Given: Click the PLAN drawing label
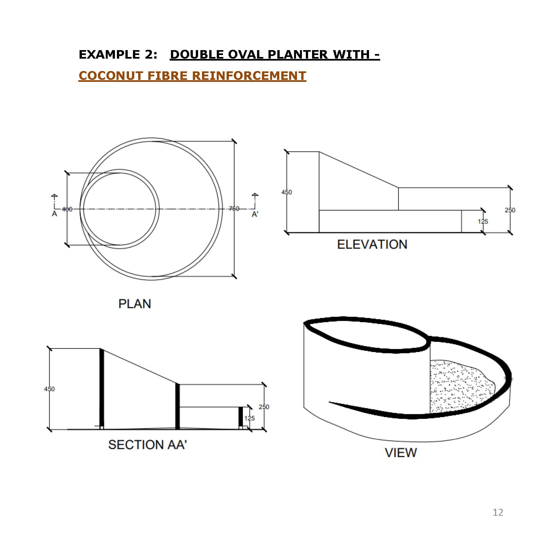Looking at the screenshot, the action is click(x=135, y=304).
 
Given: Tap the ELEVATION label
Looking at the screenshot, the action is click(x=372, y=244).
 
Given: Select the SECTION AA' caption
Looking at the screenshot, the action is click(x=147, y=444).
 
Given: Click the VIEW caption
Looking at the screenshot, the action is click(x=401, y=453).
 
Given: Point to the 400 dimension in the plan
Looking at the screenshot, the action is click(x=67, y=209).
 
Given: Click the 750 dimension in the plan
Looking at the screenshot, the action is click(x=234, y=209).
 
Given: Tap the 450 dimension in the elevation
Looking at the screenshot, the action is click(x=287, y=192).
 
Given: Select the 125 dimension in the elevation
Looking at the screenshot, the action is click(x=483, y=221).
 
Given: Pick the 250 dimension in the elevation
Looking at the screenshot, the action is click(x=510, y=210).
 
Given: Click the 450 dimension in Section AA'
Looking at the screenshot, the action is click(x=49, y=389).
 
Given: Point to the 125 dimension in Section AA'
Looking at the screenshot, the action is click(x=249, y=418).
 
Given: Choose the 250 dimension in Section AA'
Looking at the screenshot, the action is click(x=264, y=407).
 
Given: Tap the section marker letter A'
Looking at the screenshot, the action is click(x=255, y=214).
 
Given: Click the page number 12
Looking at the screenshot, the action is click(x=498, y=512).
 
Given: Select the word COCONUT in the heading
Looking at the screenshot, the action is click(x=111, y=76).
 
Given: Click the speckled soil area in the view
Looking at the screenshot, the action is click(x=458, y=386).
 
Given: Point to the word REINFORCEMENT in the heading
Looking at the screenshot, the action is click(x=249, y=76).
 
